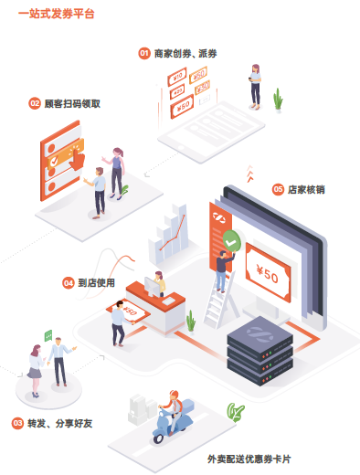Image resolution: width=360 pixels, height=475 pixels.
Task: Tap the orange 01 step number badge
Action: [x=143, y=54]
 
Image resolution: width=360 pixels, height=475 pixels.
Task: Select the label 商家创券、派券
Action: [x=185, y=54]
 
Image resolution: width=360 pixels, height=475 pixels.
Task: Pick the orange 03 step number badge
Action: [x=17, y=423]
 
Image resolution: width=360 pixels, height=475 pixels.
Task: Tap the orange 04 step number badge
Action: [x=69, y=283]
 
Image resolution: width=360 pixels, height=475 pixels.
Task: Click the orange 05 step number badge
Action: [x=278, y=189]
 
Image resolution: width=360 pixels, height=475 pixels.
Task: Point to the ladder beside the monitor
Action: [x=217, y=297]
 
